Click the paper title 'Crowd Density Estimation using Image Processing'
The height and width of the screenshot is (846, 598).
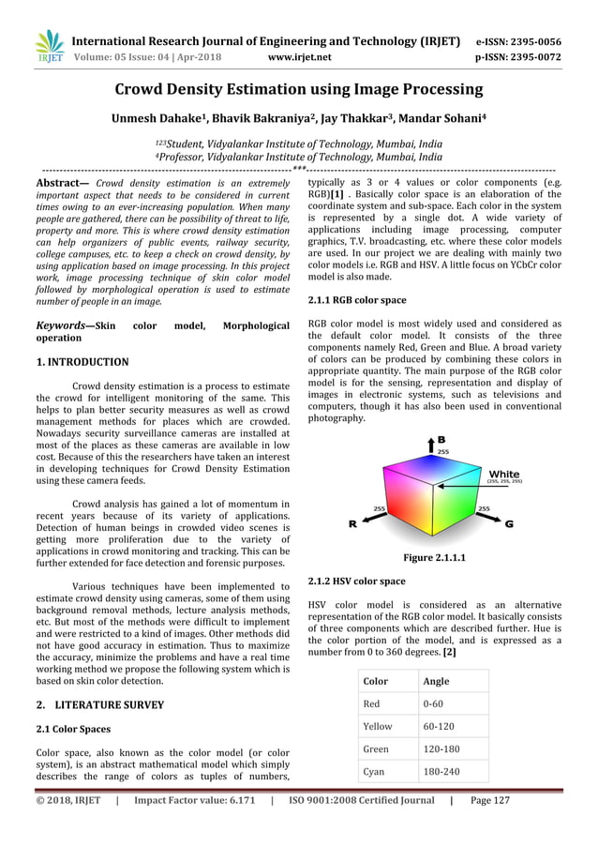(x=299, y=91)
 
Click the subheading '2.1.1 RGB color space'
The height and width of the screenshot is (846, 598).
(x=357, y=300)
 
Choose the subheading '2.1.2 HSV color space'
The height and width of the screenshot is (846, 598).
(x=357, y=582)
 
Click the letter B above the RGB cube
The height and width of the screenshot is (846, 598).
(x=441, y=439)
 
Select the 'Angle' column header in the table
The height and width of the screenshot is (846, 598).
(x=436, y=681)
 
